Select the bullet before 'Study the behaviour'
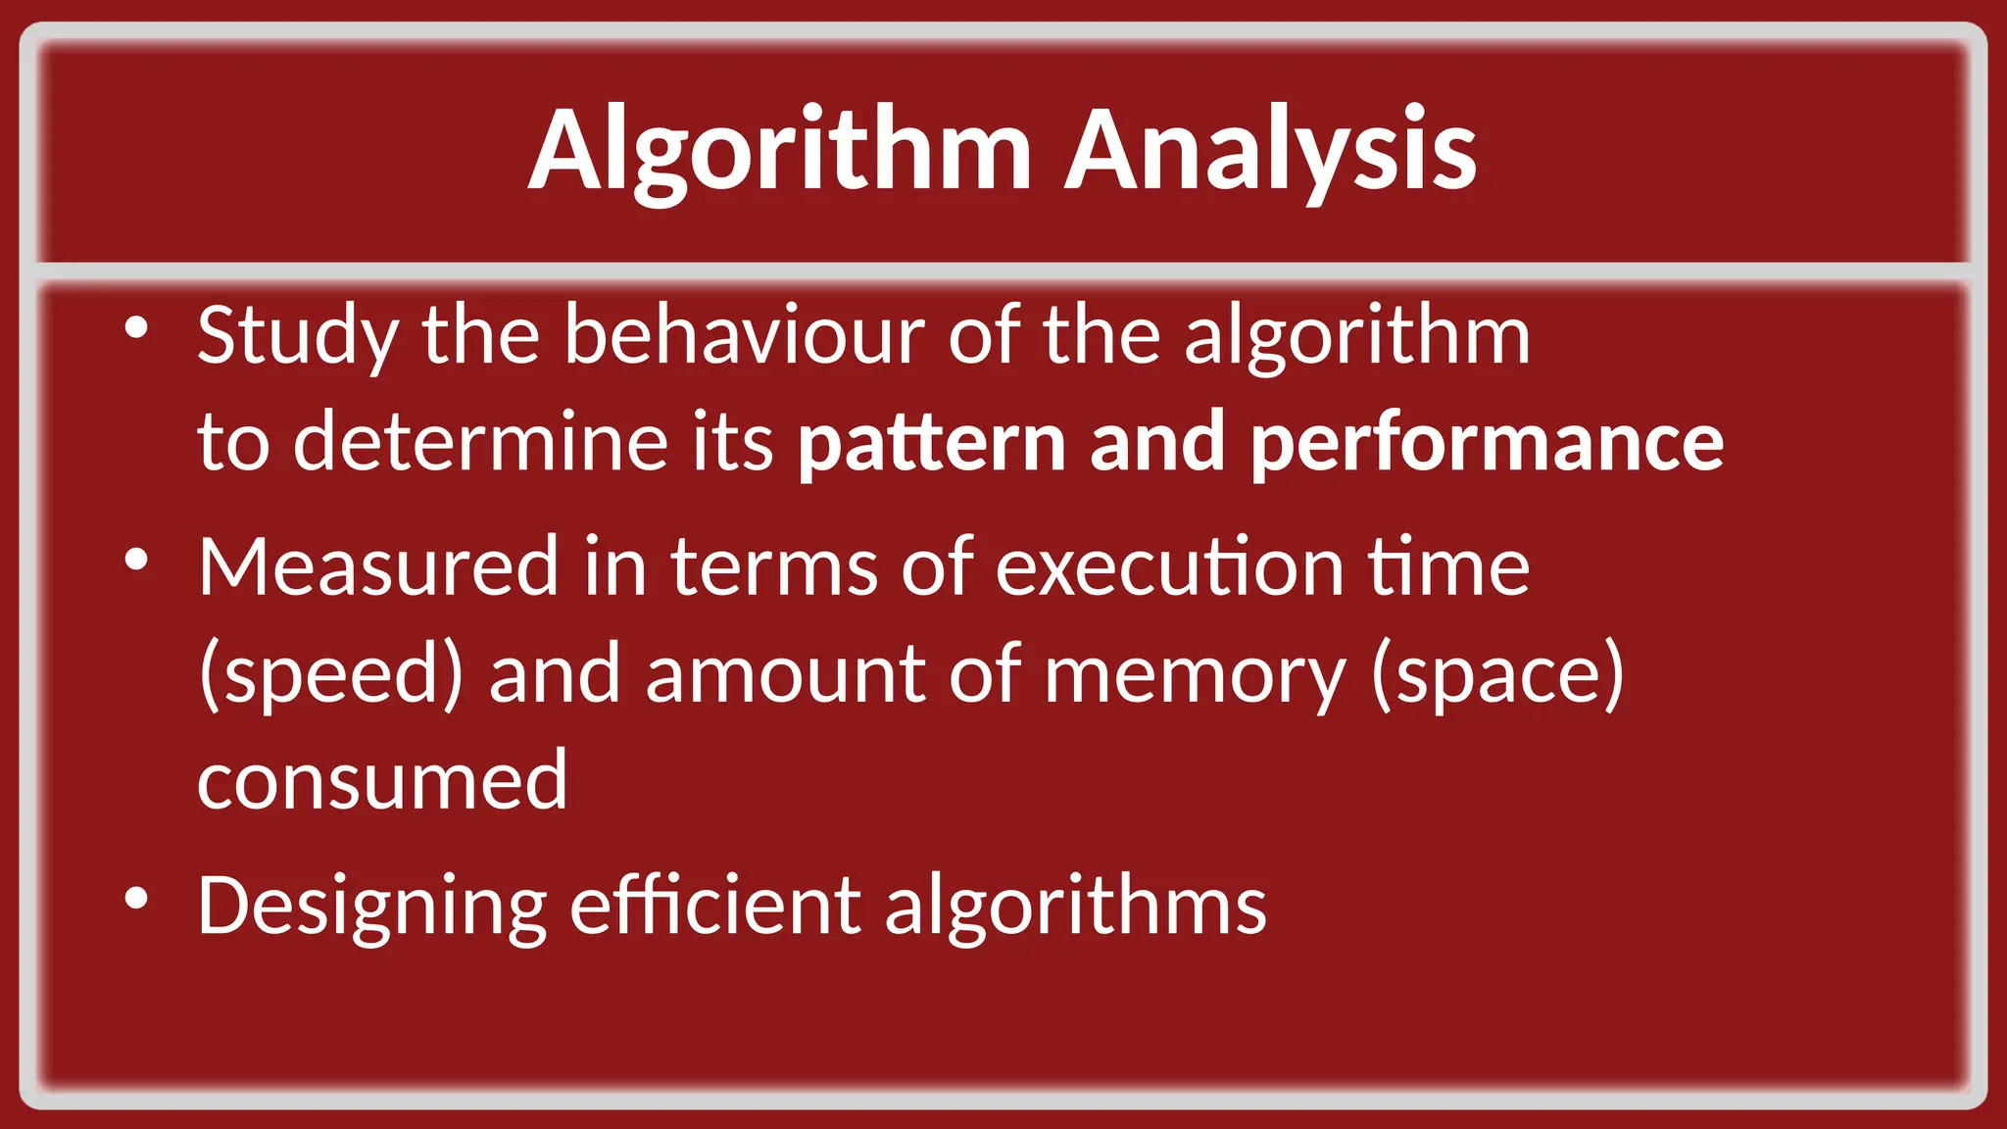point(136,328)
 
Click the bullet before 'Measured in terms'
point(136,560)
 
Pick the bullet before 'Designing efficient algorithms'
point(136,898)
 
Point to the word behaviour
point(744,336)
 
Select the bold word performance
point(1487,444)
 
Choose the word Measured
point(377,567)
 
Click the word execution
point(1169,567)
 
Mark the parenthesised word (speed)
point(330,675)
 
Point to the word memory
point(1195,675)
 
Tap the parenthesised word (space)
point(1497,675)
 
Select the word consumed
point(382,781)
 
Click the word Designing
point(371,907)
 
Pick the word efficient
point(715,906)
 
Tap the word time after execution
point(1448,567)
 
